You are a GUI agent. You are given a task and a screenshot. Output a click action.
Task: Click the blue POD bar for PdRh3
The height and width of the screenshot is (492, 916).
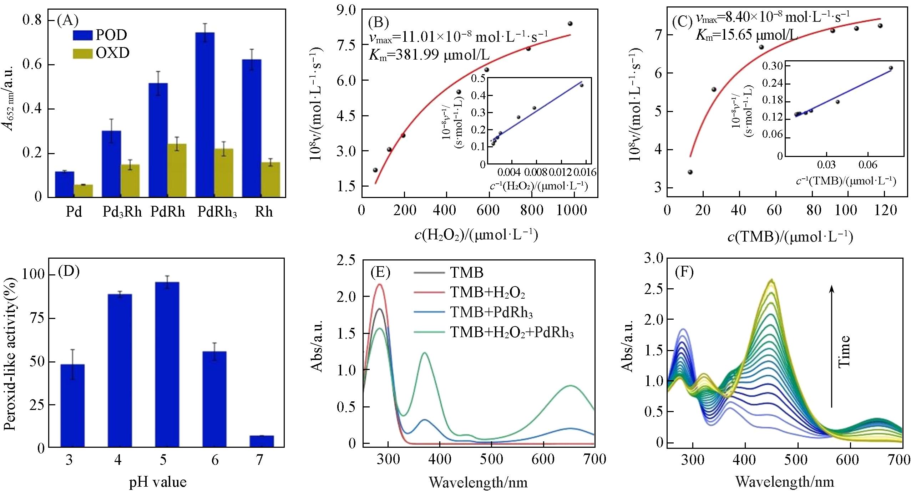pyautogui.click(x=205, y=114)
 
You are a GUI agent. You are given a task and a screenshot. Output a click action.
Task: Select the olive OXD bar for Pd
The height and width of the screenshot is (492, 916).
pyautogui.click(x=83, y=191)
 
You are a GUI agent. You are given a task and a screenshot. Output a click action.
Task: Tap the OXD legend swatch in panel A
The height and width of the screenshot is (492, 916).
pyautogui.click(x=83, y=54)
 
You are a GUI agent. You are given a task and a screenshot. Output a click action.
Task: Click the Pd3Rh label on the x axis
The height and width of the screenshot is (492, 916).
pyautogui.click(x=122, y=212)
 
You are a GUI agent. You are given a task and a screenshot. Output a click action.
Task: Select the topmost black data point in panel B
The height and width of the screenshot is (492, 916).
pyautogui.click(x=570, y=24)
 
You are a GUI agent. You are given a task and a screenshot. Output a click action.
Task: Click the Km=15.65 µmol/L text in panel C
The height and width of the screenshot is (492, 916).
pyautogui.click(x=746, y=35)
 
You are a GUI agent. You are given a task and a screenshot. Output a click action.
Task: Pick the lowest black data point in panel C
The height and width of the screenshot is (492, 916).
pyautogui.click(x=690, y=172)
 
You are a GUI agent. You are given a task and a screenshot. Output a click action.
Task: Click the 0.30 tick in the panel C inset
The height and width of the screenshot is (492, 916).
pyautogui.click(x=772, y=66)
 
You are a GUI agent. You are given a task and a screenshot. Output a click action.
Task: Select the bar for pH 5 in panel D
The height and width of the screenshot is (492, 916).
pyautogui.click(x=167, y=364)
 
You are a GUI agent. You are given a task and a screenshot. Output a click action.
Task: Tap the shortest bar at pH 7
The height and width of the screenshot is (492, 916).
pyautogui.click(x=262, y=441)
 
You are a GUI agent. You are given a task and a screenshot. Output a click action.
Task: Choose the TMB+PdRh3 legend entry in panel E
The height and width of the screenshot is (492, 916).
pyautogui.click(x=491, y=313)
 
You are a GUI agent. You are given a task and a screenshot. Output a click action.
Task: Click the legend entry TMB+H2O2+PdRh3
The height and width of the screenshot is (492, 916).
pyautogui.click(x=512, y=333)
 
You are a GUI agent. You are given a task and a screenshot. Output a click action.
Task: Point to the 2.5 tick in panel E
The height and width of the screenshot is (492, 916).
pyautogui.click(x=346, y=260)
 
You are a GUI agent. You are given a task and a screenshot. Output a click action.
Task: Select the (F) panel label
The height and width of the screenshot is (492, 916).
pyautogui.click(x=684, y=272)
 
